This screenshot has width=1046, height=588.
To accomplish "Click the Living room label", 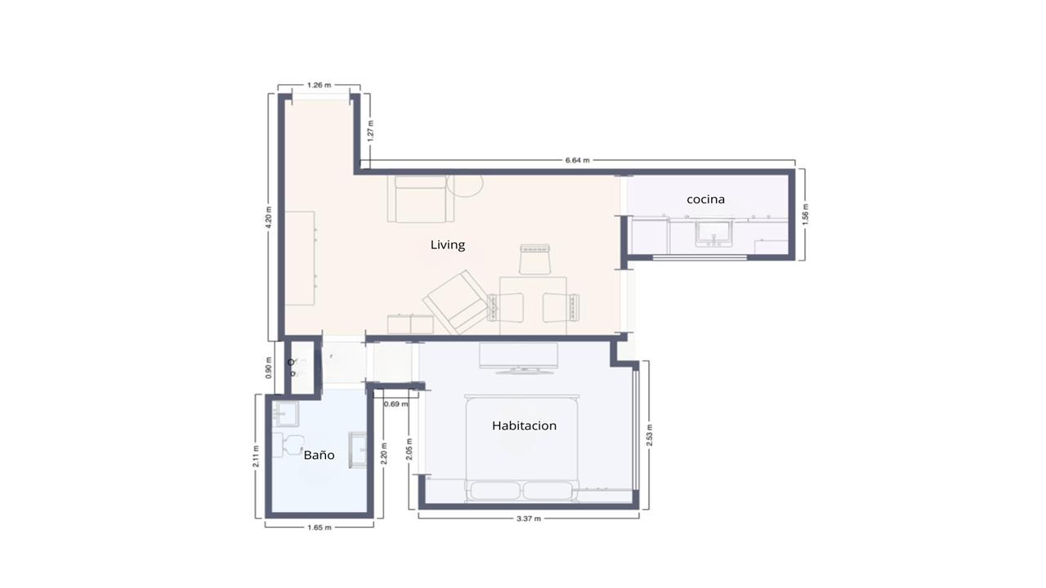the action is (447, 245).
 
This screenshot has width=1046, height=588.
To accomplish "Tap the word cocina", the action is (705, 199).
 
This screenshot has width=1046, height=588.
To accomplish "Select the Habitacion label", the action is (524, 425).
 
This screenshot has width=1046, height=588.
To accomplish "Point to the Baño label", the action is (319, 455).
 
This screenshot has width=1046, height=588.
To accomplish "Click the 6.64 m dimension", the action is (577, 160).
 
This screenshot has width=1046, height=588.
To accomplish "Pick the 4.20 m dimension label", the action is (269, 217).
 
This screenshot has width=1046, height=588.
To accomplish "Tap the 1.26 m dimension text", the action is (319, 85).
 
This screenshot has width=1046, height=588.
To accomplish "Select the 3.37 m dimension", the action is (529, 519).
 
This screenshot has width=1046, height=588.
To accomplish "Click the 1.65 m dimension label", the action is (320, 528).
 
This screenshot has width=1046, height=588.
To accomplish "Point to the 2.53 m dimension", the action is (650, 435).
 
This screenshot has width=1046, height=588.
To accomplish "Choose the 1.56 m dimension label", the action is (805, 215).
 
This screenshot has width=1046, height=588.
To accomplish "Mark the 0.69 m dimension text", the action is (396, 403).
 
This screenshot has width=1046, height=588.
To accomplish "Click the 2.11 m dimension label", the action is (256, 456).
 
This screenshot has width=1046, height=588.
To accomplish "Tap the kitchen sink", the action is (714, 234).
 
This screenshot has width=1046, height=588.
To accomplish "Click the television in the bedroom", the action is (518, 359).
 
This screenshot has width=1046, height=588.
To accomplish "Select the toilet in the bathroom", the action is (289, 444).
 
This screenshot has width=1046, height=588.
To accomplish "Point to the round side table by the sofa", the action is (465, 185).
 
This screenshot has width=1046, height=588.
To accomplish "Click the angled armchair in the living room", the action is (455, 302).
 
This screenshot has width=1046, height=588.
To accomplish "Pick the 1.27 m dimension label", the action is (370, 131).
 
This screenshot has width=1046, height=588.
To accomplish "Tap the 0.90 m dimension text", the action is (269, 367).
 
